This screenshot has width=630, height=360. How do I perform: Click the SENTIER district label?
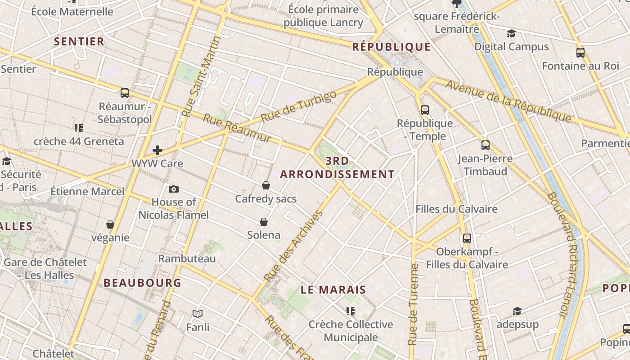tap(79, 41)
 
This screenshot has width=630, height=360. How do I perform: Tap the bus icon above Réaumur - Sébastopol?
tap(125, 93)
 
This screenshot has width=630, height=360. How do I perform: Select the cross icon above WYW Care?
tap(157, 150)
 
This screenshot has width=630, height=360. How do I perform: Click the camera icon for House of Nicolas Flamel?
tap(174, 189)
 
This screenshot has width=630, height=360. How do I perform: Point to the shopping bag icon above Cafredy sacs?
tap(266, 185)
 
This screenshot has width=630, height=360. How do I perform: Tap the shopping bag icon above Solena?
tap(264, 222)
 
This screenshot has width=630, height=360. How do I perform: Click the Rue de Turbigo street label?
tap(298, 107)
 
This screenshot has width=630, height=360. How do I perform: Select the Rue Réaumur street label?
tap(237, 128)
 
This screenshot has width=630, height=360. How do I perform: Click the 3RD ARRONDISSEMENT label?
tap(337, 168)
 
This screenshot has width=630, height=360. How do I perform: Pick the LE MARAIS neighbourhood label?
tap(333, 290)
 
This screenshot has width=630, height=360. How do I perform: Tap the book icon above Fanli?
tap(198, 314)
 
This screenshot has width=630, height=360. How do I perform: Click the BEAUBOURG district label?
tap(142, 283)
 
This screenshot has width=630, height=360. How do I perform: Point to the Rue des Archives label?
tap(293, 246)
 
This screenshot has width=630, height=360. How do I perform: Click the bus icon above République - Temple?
tap(424, 110)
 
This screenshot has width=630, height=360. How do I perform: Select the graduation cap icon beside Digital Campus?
tap(511, 34)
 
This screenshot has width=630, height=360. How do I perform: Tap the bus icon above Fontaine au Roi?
tap(580, 53)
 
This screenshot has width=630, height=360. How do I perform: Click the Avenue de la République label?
tap(508, 101)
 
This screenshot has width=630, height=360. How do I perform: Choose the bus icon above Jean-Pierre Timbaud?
tap(485, 145)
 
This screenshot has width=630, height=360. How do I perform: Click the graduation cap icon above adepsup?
tap(517, 311)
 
